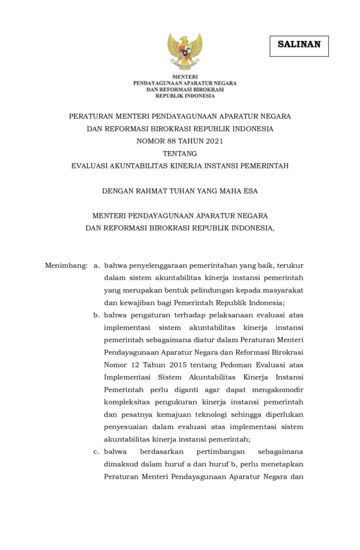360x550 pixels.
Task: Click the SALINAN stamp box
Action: point(299,45)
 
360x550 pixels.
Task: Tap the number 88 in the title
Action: point(171,141)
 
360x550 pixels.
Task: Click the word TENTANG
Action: point(180,154)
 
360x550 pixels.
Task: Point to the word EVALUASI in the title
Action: point(90,166)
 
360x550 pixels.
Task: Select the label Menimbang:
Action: point(66,265)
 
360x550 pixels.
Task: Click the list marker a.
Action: point(97,265)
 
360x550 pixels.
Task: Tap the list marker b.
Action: point(97,315)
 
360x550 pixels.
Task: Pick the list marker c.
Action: point(97,451)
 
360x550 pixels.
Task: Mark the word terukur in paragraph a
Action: point(291,265)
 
